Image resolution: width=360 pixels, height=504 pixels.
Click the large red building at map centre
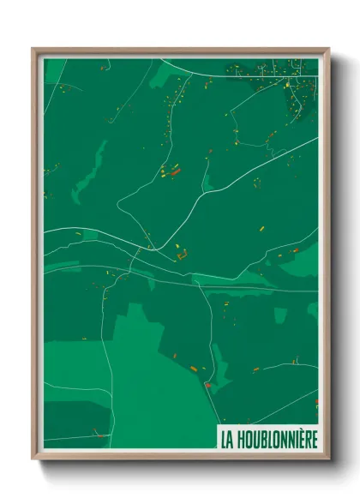176,171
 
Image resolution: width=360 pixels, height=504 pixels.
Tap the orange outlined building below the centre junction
182,254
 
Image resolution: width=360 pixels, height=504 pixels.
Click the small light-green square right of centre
279,315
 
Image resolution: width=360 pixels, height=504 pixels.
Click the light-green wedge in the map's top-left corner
54,70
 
